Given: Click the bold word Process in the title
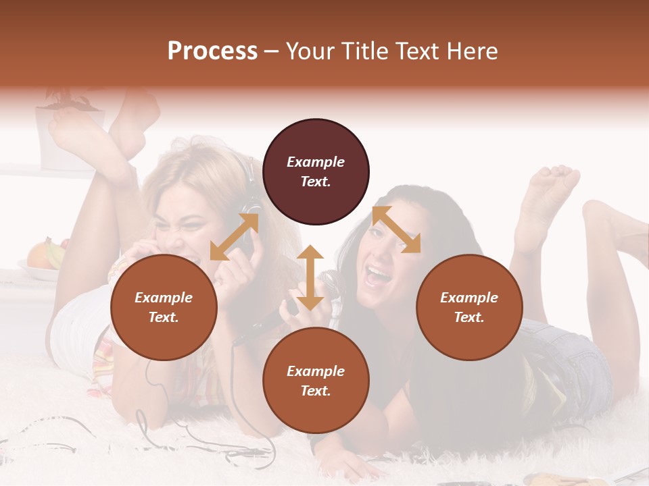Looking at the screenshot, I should click(x=212, y=51).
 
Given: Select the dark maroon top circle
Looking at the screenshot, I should click(x=316, y=171).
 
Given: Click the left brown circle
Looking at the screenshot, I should click(x=164, y=307).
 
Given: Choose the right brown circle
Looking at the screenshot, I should click(x=469, y=307).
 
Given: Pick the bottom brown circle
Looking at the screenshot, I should click(x=316, y=381).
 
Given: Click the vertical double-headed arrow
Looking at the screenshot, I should click(x=310, y=277).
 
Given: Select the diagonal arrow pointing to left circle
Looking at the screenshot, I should click(x=234, y=237).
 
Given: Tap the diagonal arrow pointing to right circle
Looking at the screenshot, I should click(x=396, y=230).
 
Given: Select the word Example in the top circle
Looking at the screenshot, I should click(x=316, y=162).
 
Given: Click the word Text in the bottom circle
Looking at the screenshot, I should click(x=316, y=391).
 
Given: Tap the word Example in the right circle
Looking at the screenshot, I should click(x=469, y=298).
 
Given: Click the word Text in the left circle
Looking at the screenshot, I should click(x=164, y=317).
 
